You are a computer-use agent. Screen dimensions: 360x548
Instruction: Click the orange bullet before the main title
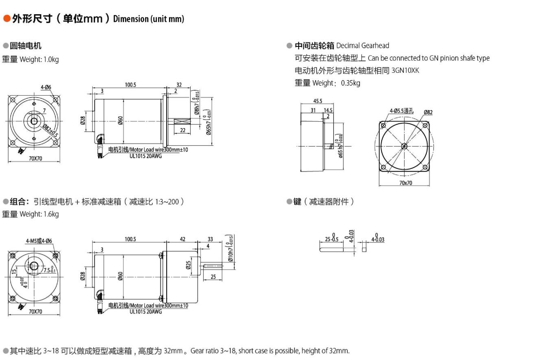tap(7, 18)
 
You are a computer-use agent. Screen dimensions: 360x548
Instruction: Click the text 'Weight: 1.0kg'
tap(39, 59)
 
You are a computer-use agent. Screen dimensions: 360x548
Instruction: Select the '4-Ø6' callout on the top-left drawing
tap(46, 87)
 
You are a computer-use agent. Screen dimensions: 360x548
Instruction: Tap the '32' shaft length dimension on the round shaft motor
tap(179, 85)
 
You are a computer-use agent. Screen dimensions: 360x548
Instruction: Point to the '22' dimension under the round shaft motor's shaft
tap(183, 130)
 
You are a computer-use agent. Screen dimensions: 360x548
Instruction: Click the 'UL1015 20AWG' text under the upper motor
tap(146, 156)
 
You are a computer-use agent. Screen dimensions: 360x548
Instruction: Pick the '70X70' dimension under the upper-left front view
tap(35, 158)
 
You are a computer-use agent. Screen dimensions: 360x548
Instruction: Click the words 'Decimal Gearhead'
tap(362, 46)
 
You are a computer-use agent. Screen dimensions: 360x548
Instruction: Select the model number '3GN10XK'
tap(405, 70)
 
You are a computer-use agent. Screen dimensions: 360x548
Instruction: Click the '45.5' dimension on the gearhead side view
tap(317, 101)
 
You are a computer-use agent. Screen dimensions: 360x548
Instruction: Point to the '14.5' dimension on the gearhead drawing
tap(328, 110)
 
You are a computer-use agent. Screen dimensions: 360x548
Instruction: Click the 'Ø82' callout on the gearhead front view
tap(428, 112)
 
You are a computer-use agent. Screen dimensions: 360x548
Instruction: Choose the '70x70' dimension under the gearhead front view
tap(405, 183)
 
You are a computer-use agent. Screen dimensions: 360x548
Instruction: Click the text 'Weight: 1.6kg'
tap(39, 214)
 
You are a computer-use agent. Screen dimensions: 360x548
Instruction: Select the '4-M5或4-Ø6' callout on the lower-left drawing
tap(39, 241)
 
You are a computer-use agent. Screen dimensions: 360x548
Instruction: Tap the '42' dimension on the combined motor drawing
tap(183, 239)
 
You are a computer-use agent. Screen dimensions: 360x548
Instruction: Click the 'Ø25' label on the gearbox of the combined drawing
tap(188, 265)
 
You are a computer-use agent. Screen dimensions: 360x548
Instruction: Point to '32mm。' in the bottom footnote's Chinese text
tap(176, 351)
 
